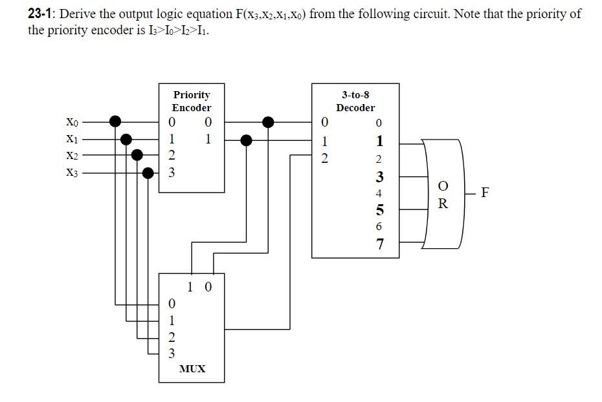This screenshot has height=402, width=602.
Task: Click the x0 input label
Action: (71, 122)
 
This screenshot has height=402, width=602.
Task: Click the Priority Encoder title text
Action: (192, 101)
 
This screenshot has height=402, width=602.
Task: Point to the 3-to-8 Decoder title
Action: (355, 101)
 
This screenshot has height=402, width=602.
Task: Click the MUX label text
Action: (192, 368)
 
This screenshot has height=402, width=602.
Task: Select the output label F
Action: (485, 192)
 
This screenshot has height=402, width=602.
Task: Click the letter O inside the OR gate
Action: (443, 187)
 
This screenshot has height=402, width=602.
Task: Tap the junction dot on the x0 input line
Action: (115, 121)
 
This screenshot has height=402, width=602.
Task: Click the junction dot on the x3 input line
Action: (148, 173)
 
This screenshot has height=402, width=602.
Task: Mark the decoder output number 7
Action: (380, 244)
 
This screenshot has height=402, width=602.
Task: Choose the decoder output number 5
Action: (380, 210)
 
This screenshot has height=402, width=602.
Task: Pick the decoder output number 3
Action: (380, 176)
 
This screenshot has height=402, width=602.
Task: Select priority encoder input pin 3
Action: (172, 173)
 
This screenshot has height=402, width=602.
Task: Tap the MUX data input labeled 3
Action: (172, 353)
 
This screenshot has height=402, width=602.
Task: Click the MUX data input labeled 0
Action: (172, 303)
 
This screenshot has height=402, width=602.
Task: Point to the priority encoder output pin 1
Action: (208, 139)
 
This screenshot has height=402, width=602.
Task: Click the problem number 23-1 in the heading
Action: (41, 14)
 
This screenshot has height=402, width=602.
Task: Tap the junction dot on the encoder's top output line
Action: (267, 121)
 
